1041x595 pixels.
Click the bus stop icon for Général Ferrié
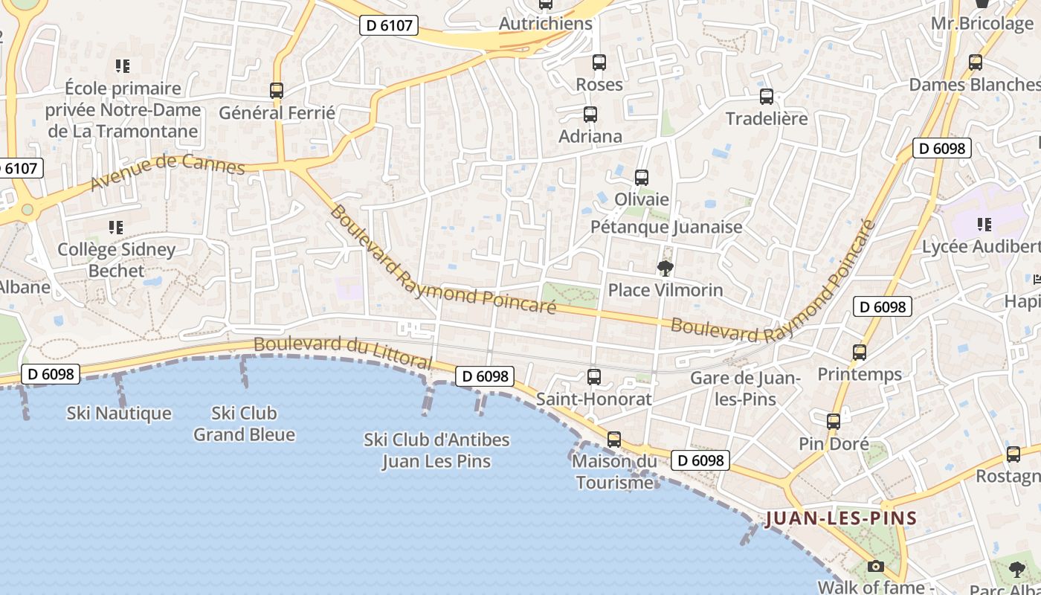[277, 91]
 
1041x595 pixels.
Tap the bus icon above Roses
[599, 62]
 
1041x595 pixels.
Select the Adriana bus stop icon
[590, 115]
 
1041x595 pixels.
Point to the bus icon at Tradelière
[767, 97]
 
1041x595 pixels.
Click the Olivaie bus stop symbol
[642, 178]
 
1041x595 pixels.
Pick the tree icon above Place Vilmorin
[665, 268]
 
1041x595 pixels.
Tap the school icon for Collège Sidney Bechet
[115, 227]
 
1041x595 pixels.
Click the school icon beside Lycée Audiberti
[984, 224]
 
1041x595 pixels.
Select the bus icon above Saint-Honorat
[594, 377]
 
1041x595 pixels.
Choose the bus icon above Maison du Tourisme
[614, 440]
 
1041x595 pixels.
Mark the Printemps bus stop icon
[860, 353]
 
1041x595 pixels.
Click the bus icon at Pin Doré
[834, 422]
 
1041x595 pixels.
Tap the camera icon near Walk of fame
[875, 566]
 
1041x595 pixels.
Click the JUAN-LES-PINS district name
[841, 518]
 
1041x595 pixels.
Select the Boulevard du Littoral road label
[343, 353]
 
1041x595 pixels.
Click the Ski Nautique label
[119, 413]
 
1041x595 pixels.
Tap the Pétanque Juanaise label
[666, 227]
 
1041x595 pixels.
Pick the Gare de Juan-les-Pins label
[745, 388]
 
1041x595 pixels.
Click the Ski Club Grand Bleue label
[245, 423]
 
